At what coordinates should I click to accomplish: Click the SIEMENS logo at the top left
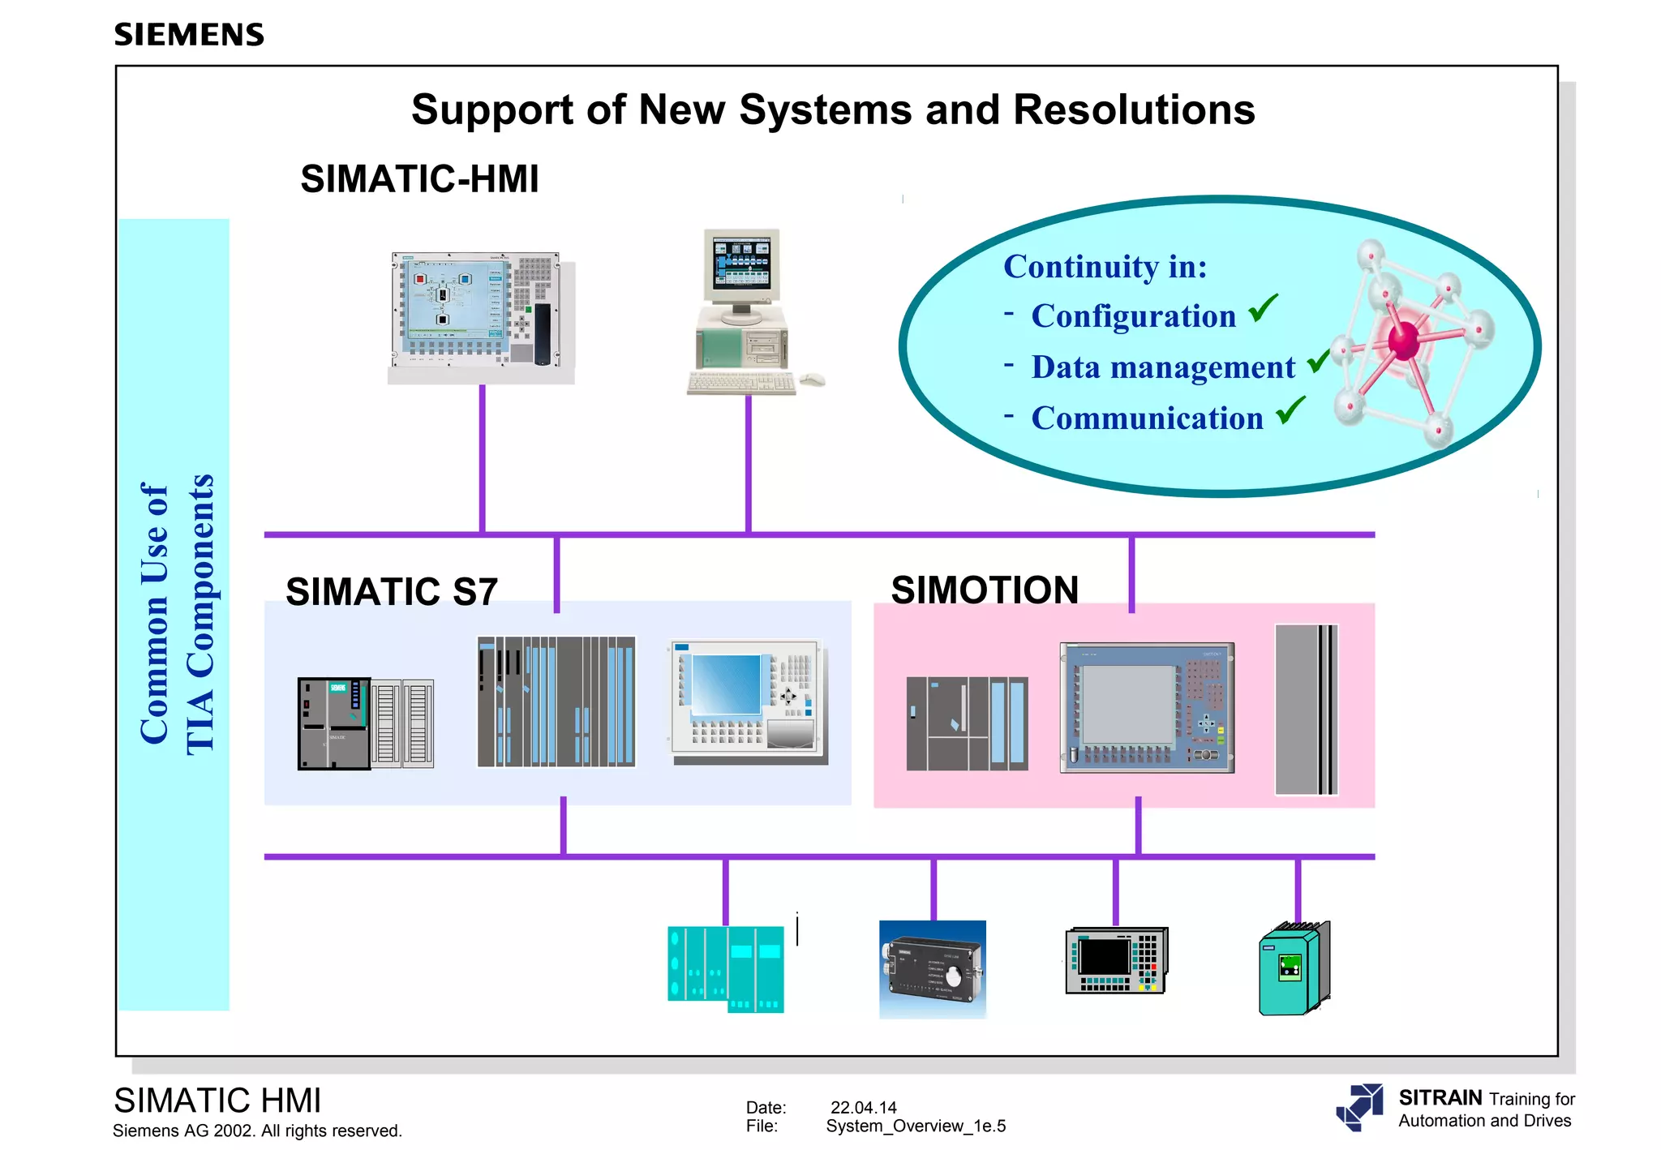click(x=189, y=35)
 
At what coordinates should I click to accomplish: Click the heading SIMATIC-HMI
click(x=419, y=179)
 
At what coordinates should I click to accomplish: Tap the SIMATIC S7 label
click(x=392, y=591)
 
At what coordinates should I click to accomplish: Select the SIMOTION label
click(x=985, y=590)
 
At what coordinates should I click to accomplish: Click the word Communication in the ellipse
click(x=1147, y=418)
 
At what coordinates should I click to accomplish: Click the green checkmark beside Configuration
click(x=1263, y=309)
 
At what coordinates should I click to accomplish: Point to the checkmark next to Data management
click(x=1319, y=360)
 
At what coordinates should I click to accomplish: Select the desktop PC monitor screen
click(x=741, y=264)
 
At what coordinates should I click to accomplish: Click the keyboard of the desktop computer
click(x=740, y=383)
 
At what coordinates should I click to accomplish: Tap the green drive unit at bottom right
click(x=1294, y=969)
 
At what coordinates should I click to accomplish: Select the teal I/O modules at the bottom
click(x=726, y=970)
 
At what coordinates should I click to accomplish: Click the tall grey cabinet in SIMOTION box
click(x=1306, y=710)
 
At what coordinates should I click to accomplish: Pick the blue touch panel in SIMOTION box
click(x=1147, y=707)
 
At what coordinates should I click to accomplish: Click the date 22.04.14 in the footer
click(x=864, y=1108)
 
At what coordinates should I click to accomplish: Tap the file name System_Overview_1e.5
click(x=916, y=1126)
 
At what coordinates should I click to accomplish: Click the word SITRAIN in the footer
click(x=1440, y=1098)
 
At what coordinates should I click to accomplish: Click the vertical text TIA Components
click(x=200, y=615)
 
